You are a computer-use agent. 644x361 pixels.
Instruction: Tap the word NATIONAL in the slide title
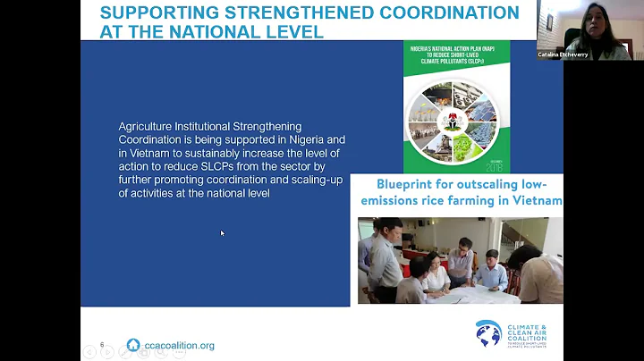[232, 32]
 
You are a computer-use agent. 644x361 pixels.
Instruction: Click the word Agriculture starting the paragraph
[147, 127]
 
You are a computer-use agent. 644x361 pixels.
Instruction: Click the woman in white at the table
[435, 273]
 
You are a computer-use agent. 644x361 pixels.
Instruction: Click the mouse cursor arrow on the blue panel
[222, 233]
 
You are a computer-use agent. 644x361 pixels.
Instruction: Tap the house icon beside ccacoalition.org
[133, 345]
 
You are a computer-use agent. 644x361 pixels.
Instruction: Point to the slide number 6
[102, 345]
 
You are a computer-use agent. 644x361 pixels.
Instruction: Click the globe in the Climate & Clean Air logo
[488, 335]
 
